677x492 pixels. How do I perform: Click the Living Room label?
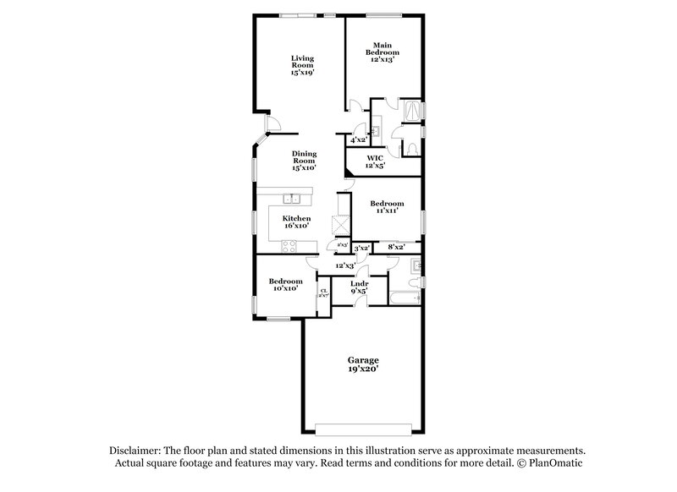[x=302, y=65]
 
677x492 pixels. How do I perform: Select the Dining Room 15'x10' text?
[x=304, y=161]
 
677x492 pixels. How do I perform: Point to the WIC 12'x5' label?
[x=375, y=161]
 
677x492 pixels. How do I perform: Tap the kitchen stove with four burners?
[x=288, y=247]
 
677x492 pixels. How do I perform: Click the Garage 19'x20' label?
[x=361, y=365]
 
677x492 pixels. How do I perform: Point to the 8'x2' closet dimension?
[x=396, y=247]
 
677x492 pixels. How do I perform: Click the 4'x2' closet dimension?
[x=359, y=139]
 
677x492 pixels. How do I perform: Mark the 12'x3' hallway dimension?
[x=344, y=266]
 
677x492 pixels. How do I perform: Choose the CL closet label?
[x=323, y=293]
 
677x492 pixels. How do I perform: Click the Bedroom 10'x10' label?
[x=286, y=285]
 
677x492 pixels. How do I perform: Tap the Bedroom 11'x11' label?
[x=387, y=208]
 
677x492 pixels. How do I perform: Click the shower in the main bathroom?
[x=411, y=111]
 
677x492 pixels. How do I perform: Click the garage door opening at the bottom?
[x=361, y=425]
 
